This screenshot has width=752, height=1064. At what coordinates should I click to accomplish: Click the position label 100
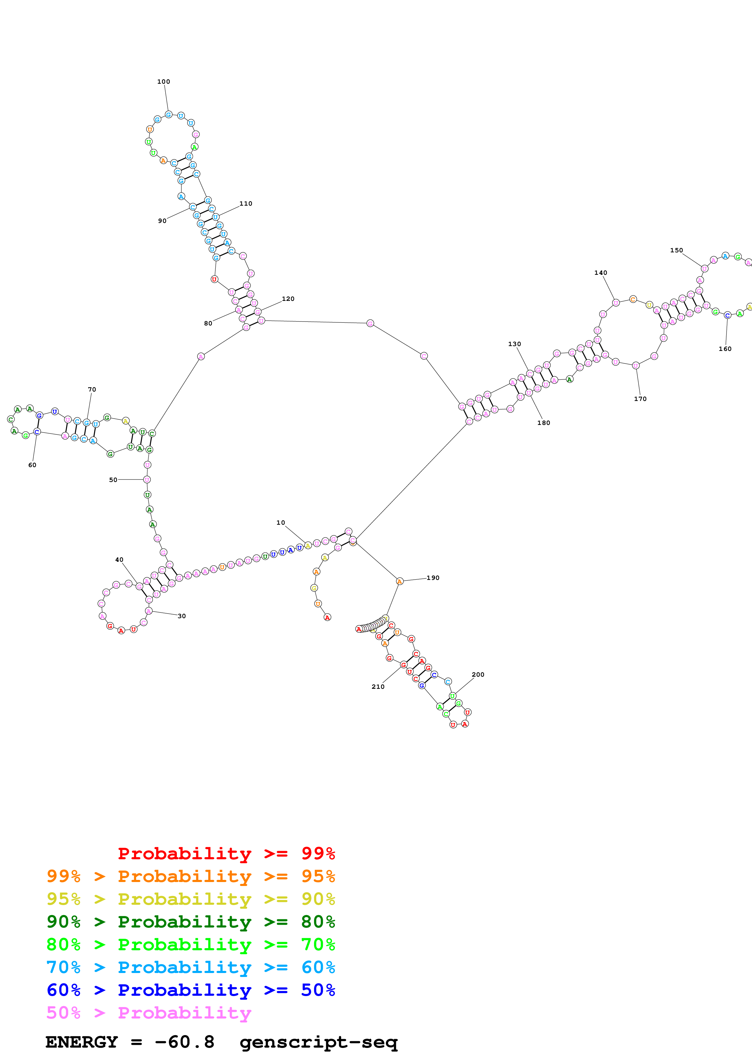(x=164, y=82)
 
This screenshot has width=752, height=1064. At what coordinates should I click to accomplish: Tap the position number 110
(x=246, y=204)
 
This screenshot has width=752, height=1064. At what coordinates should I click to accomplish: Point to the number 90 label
(x=162, y=221)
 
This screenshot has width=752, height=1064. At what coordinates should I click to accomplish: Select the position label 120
(x=288, y=299)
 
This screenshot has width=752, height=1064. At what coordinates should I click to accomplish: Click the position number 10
(x=280, y=523)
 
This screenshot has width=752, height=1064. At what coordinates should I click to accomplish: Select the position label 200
(x=478, y=675)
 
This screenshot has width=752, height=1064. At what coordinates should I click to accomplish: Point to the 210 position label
(x=378, y=687)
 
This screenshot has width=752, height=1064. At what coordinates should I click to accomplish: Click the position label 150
(x=676, y=250)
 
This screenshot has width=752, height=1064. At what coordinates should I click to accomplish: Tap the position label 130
(x=514, y=344)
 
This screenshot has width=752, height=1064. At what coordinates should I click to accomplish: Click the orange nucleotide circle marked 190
(x=400, y=581)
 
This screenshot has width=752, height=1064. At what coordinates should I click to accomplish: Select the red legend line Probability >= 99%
(x=226, y=853)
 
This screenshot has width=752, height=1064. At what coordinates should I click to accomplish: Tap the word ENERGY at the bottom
(x=82, y=1042)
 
